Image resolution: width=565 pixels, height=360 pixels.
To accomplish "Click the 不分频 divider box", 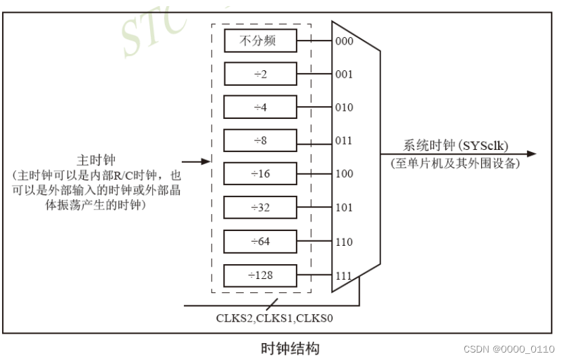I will tap(260, 41).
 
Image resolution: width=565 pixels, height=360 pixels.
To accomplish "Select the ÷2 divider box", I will tap(260, 74).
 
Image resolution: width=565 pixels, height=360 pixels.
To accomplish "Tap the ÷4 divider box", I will tap(260, 107).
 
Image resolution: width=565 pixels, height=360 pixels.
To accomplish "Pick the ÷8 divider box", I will tap(260, 140).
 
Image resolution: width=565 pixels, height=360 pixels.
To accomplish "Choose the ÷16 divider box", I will tap(260, 174).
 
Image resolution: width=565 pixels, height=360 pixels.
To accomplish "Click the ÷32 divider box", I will tap(260, 207).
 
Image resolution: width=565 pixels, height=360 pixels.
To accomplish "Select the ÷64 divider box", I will tap(260, 241).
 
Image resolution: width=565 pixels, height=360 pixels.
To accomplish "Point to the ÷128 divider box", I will tap(260, 275).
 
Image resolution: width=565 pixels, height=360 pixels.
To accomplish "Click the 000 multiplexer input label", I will tap(344, 41).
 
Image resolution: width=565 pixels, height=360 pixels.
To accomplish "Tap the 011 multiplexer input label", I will tap(344, 140).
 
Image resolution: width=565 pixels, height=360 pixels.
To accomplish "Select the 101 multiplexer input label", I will tap(344, 207).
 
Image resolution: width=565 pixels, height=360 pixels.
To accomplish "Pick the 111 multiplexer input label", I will tap(344, 276).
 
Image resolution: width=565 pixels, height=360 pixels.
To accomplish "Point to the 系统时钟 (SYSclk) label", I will tap(456, 146).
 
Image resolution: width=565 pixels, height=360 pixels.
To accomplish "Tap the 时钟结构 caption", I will tap(290, 349).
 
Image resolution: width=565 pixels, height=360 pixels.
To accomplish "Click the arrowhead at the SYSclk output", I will tap(531, 154).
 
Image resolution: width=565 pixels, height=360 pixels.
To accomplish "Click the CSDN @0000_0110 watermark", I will tap(509, 349).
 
